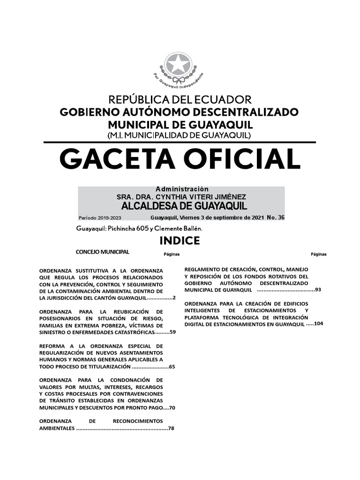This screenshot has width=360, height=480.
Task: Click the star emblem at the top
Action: tap(179, 64)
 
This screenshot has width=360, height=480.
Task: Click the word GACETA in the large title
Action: tap(118, 159)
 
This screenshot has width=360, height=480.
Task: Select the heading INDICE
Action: tap(180, 241)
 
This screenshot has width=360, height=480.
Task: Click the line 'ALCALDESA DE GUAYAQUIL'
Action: tap(184, 206)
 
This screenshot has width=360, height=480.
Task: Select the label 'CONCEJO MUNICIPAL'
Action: tap(103, 252)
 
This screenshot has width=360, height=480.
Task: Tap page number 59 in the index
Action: tap(172, 332)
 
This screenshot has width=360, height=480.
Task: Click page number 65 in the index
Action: tap(172, 367)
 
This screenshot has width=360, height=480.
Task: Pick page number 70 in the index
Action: tap(172, 408)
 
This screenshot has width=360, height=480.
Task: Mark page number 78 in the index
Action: tap(171, 428)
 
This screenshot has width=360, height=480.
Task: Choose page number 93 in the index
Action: tap(318, 289)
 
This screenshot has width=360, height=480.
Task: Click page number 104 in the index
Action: tap(319, 324)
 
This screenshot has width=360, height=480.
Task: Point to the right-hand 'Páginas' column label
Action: tap(319, 254)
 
